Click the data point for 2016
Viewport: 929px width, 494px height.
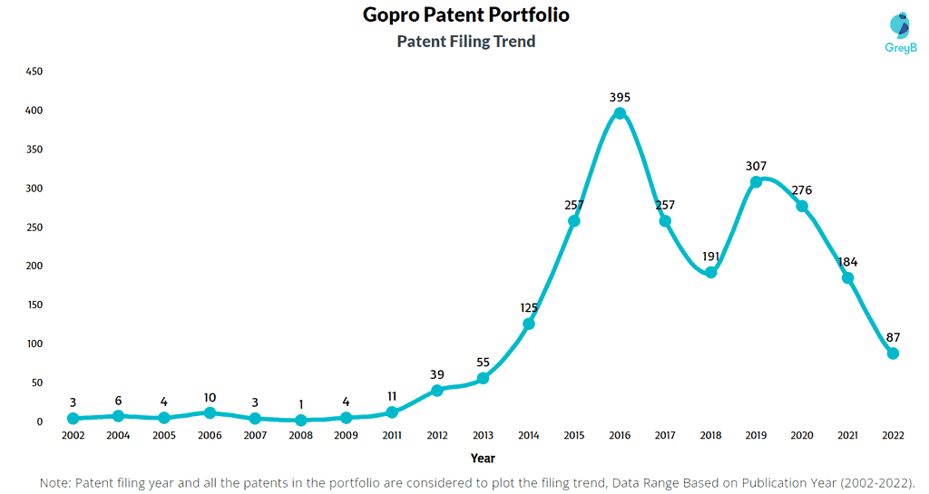(620, 113)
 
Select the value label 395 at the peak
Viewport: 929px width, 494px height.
(620, 97)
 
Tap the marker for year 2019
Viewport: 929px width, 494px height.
(757, 182)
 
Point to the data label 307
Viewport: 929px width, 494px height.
(757, 166)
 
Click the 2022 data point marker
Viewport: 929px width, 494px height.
(893, 354)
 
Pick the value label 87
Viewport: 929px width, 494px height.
(893, 337)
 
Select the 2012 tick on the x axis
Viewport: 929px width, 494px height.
(437, 436)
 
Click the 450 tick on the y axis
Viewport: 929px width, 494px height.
(34, 72)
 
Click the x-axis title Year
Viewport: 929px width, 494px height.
(483, 459)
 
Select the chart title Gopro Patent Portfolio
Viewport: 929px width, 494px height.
(466, 15)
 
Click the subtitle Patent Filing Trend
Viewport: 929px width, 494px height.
(466, 42)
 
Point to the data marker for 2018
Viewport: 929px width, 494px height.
(711, 272)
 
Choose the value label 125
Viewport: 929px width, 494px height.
(529, 308)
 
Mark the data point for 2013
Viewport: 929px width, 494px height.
(483, 378)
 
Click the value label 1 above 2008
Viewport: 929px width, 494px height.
(300, 403)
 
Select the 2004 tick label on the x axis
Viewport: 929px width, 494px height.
(118, 436)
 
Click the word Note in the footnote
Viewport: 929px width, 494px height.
(57, 483)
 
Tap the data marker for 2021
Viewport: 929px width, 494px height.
(847, 278)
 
